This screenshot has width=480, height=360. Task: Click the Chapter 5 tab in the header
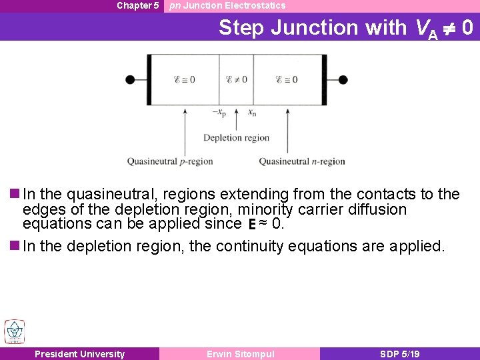tap(137, 6)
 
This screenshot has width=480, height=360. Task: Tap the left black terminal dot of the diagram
tap(130, 80)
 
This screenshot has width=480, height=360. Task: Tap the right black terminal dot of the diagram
tap(343, 80)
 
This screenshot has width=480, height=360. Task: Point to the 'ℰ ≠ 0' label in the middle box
tap(236, 80)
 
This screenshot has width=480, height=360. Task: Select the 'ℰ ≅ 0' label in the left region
tap(184, 80)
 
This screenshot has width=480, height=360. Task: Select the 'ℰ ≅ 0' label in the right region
tap(287, 80)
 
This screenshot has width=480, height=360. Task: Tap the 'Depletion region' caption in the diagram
tap(236, 138)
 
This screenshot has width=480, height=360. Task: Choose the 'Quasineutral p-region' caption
tap(170, 161)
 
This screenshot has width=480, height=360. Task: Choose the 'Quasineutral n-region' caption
tap(302, 161)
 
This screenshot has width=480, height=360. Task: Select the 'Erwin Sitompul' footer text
tap(240, 354)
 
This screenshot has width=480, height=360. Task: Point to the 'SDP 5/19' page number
tap(399, 354)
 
